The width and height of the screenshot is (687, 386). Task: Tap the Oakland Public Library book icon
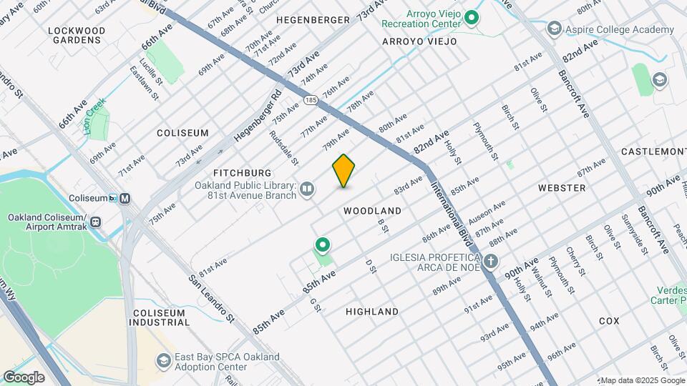(307, 189)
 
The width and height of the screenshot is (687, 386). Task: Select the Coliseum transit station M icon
(125, 198)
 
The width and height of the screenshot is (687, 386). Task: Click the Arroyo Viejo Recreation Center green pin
(471, 17)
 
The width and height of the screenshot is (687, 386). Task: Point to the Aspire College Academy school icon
(553, 29)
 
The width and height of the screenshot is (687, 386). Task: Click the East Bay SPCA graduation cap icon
(164, 360)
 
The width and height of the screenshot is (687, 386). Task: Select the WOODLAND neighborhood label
(372, 211)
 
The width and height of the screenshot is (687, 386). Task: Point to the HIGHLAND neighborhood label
(372, 312)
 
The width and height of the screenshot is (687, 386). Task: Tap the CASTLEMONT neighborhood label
(653, 152)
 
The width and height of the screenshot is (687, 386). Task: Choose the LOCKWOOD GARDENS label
(77, 35)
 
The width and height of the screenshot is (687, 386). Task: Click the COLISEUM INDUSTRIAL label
(159, 317)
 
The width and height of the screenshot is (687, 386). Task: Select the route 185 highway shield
(310, 101)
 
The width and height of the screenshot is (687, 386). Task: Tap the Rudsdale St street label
(283, 147)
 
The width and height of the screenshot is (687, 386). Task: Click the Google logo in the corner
(24, 377)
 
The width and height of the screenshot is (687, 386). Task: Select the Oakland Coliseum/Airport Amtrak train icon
(96, 222)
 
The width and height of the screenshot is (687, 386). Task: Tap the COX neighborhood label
(609, 321)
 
